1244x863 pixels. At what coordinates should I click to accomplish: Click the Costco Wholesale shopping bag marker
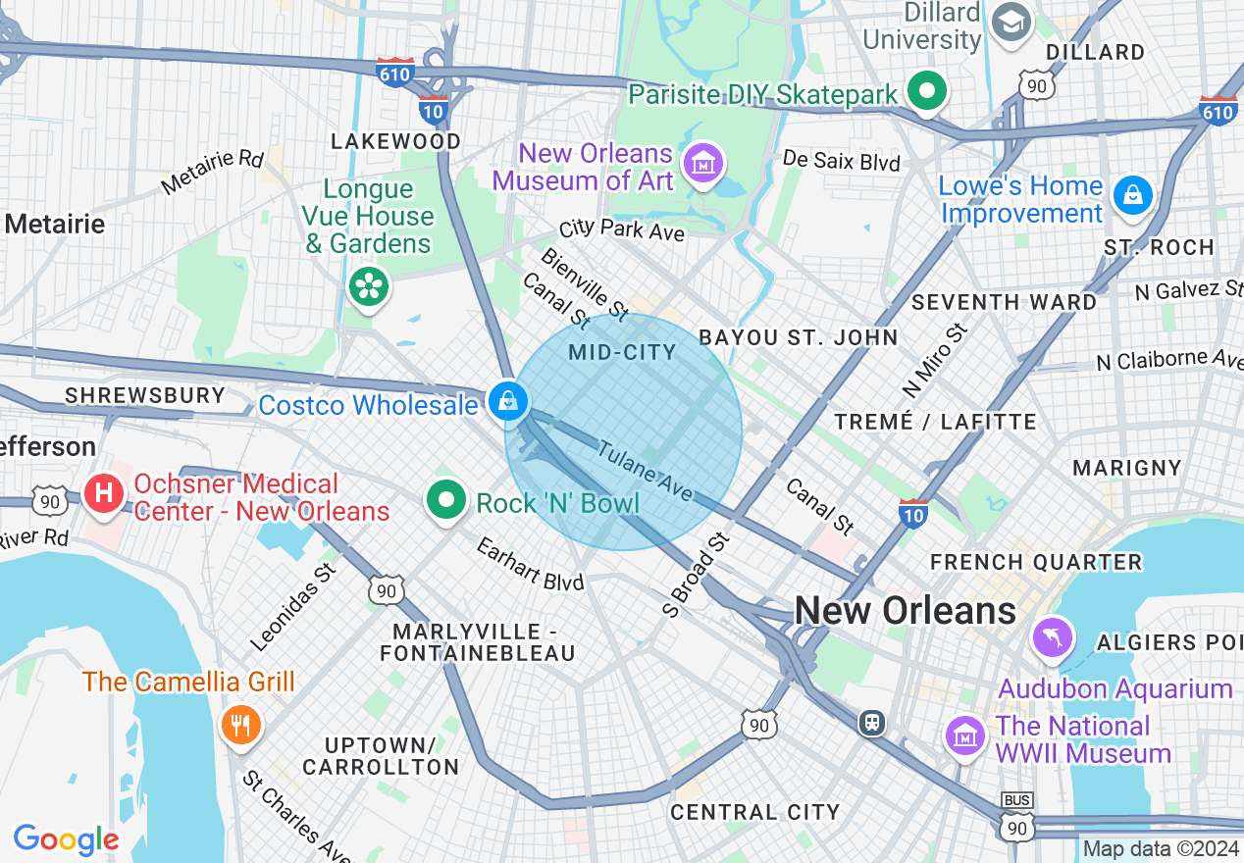click(507, 401)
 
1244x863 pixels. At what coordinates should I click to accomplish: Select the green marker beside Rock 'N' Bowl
click(447, 500)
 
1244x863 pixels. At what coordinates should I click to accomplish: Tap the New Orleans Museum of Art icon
click(703, 163)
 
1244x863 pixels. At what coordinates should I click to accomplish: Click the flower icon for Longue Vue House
click(370, 286)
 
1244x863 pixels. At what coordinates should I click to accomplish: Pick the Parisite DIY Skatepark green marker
click(926, 92)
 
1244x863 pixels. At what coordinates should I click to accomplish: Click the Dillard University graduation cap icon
click(1010, 23)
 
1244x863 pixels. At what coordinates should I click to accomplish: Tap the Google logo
click(66, 839)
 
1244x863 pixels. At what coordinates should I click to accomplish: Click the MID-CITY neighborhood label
click(623, 352)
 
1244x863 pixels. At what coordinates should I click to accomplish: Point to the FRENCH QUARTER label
click(1035, 562)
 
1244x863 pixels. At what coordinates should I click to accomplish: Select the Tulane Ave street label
click(645, 472)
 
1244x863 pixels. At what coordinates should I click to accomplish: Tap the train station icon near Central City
click(870, 723)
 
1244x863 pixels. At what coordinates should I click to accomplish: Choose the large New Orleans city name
click(905, 610)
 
